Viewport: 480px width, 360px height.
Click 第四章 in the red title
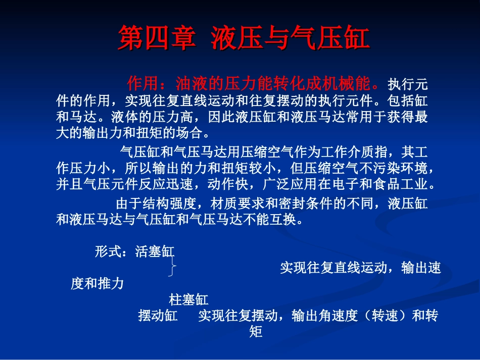(156, 39)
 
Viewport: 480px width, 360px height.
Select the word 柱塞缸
(188, 300)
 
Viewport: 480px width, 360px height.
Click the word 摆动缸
(158, 316)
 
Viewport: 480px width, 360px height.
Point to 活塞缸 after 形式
(155, 252)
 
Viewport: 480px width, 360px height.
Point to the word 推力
(110, 284)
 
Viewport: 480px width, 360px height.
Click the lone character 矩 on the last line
(256, 332)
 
